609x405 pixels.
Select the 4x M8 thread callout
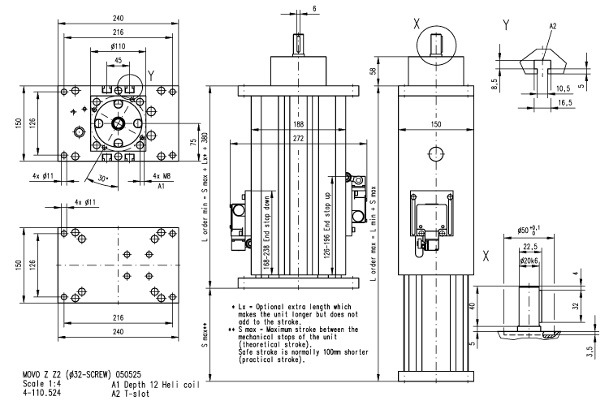click(162, 175)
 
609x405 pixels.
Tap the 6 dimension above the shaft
click(315, 7)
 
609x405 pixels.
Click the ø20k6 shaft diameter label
click(532, 261)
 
